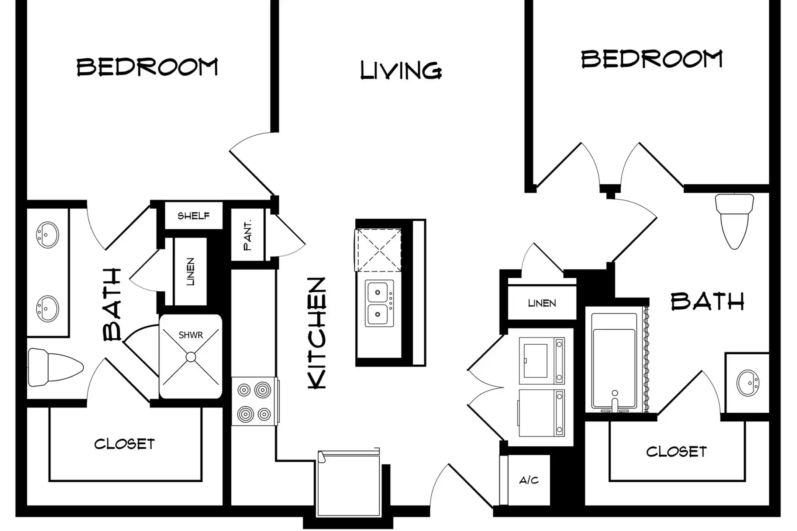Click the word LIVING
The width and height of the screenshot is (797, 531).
point(401,70)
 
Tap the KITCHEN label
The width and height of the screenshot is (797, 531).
point(317,333)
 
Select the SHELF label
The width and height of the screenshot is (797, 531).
point(193,216)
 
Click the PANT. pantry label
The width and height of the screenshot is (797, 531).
point(248,235)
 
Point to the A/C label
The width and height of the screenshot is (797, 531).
point(529,480)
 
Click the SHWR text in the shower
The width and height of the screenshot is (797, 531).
point(191,335)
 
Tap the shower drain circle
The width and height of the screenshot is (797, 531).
point(191,357)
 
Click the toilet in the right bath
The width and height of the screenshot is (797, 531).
point(734,221)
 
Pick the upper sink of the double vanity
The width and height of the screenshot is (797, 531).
point(48,235)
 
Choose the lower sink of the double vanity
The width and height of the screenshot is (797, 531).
point(48,309)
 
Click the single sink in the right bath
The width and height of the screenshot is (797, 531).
point(748,383)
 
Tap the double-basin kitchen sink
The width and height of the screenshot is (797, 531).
point(379,303)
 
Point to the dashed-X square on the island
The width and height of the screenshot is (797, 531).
point(378,250)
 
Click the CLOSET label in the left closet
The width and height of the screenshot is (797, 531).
point(124,444)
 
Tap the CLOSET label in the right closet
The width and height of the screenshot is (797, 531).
point(676,452)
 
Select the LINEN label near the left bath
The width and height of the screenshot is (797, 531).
point(190,272)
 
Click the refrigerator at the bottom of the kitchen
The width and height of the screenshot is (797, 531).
point(349,483)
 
